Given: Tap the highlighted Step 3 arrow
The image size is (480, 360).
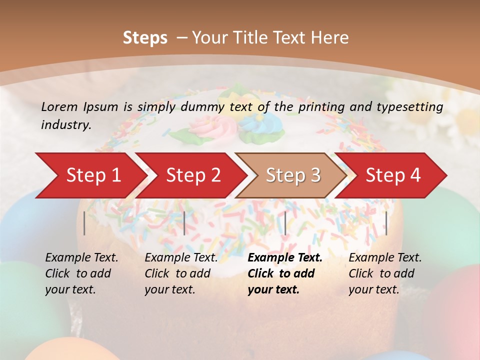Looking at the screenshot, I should tap(293, 175).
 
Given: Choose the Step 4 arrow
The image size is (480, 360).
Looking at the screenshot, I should tap(393, 175).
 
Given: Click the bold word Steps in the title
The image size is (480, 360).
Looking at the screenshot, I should tap(145, 37).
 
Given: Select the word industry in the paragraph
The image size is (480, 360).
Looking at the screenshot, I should tap(66, 124).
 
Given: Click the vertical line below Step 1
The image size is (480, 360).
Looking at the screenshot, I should tap(84, 223).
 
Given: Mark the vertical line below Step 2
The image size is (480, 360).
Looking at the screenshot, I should tap(184, 223).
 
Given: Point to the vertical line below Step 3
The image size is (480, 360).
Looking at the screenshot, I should tap(285, 223).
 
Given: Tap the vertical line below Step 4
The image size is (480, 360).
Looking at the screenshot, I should tap(386, 223).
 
